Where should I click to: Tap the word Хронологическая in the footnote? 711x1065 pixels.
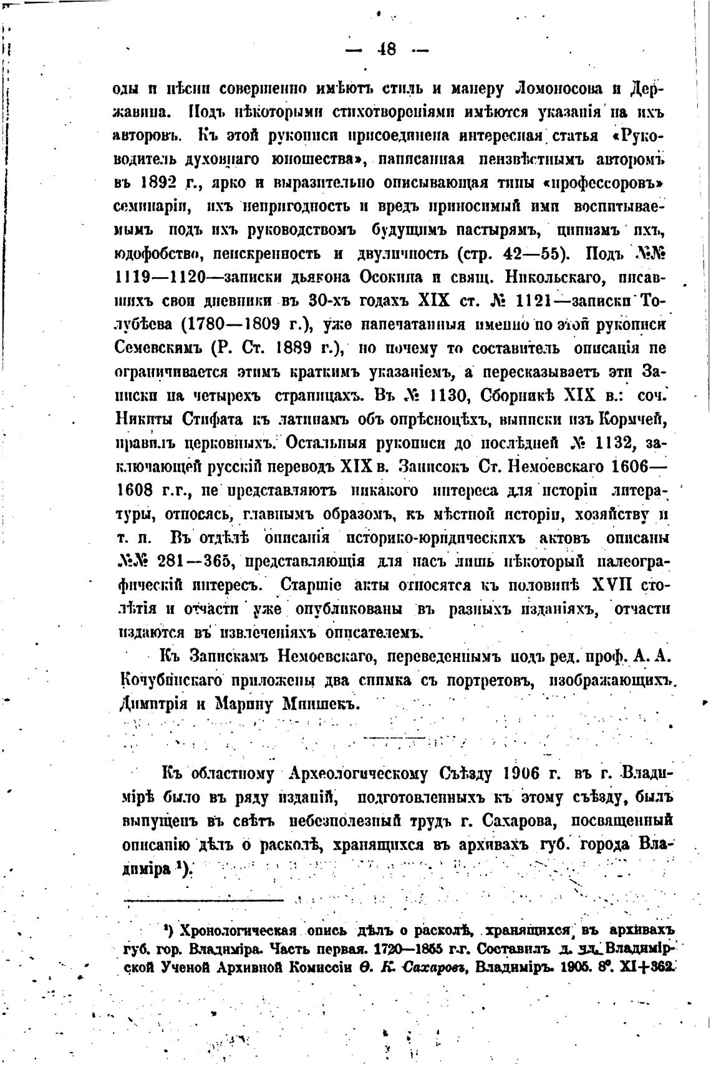tap(235, 931)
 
